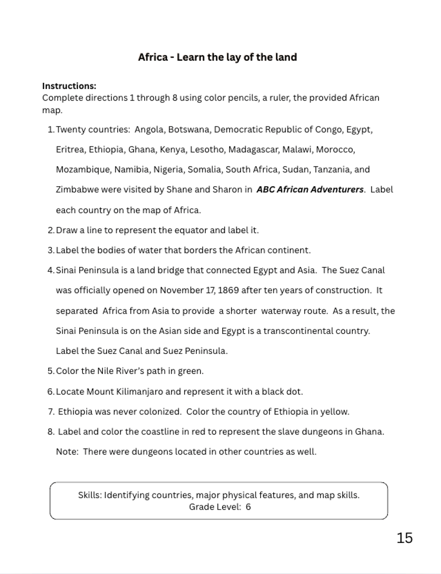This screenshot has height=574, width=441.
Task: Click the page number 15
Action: tap(404, 538)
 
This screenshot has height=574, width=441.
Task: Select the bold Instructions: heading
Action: tap(69, 86)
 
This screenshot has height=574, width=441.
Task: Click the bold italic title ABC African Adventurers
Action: tap(310, 190)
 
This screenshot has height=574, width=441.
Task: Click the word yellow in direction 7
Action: tap(335, 412)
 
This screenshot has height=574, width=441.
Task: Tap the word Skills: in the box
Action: tap(90, 495)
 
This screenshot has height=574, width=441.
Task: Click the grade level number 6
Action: tap(248, 507)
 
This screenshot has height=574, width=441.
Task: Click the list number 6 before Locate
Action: tap(50, 392)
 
